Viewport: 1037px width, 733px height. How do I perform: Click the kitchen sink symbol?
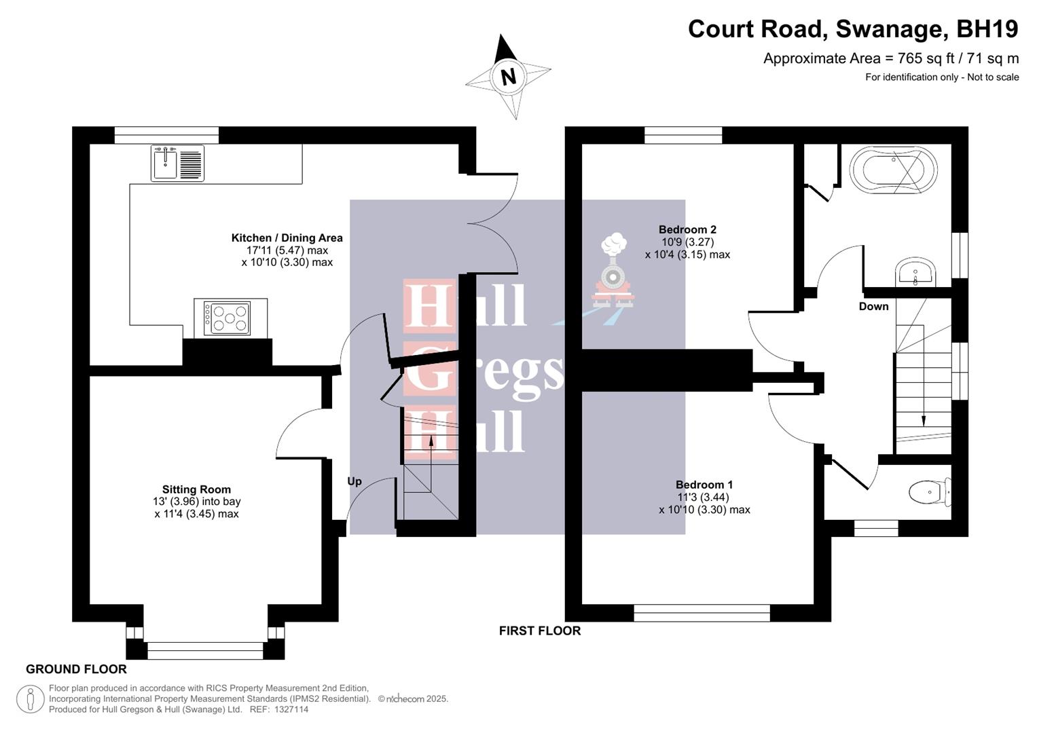(x=177, y=164)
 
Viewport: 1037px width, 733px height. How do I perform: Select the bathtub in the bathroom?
(x=893, y=170)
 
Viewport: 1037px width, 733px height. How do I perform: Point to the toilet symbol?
(x=929, y=492)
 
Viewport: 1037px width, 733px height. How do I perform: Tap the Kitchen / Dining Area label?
(x=287, y=238)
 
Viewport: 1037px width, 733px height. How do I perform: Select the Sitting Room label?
(x=196, y=489)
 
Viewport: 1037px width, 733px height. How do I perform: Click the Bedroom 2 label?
(x=687, y=229)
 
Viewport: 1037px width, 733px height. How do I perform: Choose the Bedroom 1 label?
(x=704, y=485)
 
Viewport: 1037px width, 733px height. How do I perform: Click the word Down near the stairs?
(x=873, y=306)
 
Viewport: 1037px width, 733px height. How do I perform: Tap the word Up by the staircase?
(x=354, y=481)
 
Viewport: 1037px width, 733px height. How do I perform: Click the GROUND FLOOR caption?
(x=76, y=669)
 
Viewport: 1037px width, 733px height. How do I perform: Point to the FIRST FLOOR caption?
(x=540, y=631)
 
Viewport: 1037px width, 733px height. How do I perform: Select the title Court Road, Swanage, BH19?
(x=853, y=29)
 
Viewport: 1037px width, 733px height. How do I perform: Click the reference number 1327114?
(x=289, y=709)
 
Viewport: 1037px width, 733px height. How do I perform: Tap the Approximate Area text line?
(x=890, y=58)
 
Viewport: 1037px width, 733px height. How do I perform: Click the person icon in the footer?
(x=30, y=699)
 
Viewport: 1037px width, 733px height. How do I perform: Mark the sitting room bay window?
(x=205, y=650)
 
